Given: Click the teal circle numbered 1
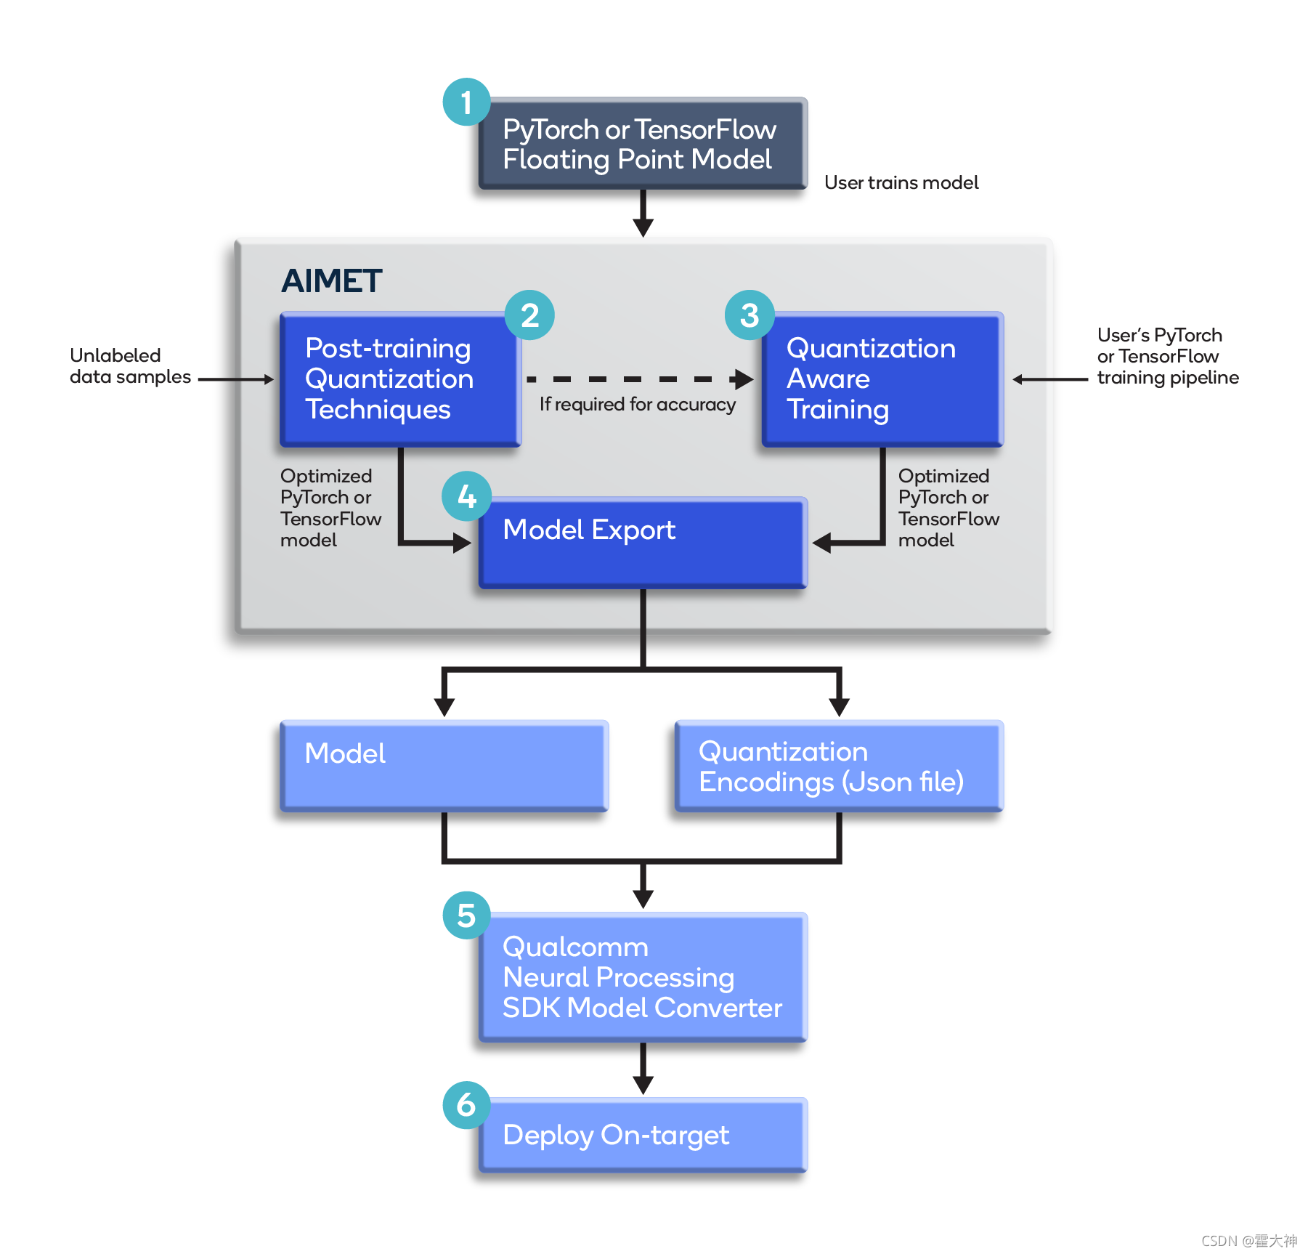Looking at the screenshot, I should click(466, 102).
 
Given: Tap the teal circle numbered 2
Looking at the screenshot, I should click(529, 315).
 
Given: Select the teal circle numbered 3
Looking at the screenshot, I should click(749, 315).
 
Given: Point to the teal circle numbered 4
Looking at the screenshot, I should click(466, 496).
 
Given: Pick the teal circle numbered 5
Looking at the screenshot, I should click(466, 915).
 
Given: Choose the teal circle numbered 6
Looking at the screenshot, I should click(466, 1104).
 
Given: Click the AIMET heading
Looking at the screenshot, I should click(331, 281).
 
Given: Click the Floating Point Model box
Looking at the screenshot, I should click(643, 144).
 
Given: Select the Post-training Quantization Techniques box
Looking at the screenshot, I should click(400, 379).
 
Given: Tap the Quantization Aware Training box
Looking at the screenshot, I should click(882, 379).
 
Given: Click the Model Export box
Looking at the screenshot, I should click(643, 543).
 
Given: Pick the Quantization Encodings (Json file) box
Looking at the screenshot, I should click(839, 766).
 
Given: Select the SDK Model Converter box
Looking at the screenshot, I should click(643, 977).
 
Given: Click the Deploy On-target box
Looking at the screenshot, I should click(643, 1135).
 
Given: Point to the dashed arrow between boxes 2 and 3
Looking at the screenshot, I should click(639, 379).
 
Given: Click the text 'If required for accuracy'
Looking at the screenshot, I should click(637, 405).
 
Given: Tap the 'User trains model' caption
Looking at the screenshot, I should click(901, 182).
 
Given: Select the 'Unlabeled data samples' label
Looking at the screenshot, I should click(130, 366).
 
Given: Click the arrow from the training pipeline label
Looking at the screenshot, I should click(1050, 379).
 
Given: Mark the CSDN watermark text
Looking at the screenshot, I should click(1248, 1240).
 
